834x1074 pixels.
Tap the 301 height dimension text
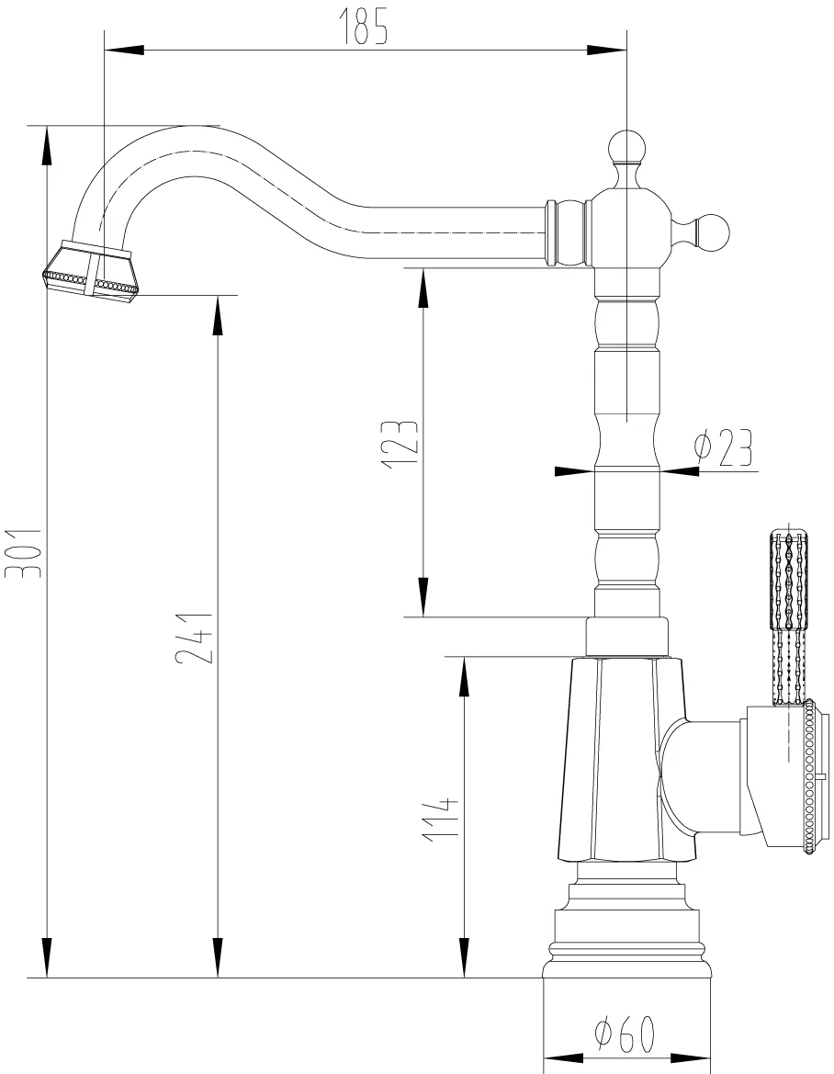[x=23, y=553]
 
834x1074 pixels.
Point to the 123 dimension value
[x=400, y=444]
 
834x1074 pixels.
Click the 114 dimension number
[x=440, y=820]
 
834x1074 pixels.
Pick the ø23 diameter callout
[x=722, y=449]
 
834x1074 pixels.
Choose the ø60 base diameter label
[x=624, y=1034]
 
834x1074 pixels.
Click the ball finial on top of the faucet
[x=627, y=146]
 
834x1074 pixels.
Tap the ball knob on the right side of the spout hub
[x=715, y=232]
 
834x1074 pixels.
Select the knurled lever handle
[x=790, y=616]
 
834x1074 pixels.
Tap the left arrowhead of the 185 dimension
[x=124, y=50]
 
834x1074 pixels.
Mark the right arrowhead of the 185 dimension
[x=606, y=50]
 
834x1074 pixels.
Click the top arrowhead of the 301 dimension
[x=47, y=146]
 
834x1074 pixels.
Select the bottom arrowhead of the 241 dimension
[x=218, y=957]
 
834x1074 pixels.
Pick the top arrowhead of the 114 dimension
[x=465, y=677]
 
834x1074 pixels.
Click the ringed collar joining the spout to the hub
[x=567, y=232]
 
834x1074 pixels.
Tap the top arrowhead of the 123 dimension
[x=423, y=288]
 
